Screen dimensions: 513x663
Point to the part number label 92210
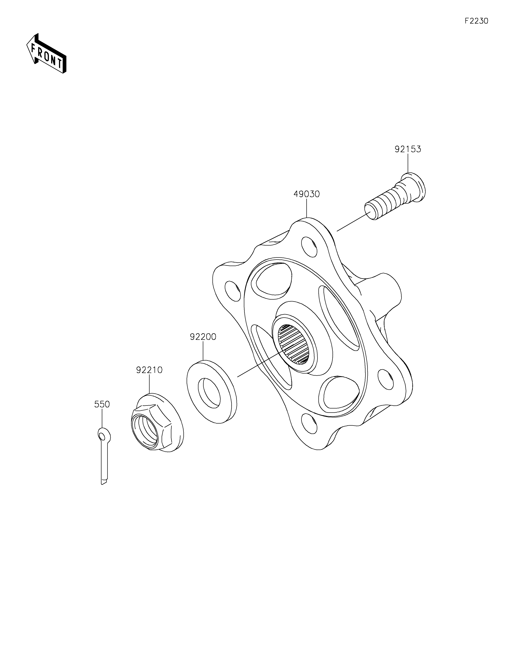click(x=149, y=370)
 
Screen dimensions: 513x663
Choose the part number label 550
click(x=102, y=404)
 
